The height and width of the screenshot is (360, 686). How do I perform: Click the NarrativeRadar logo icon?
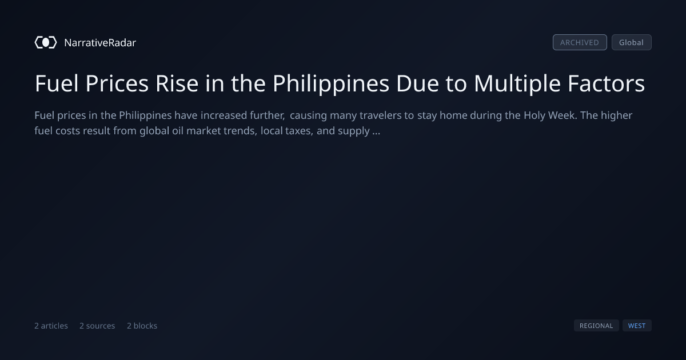pos(46,42)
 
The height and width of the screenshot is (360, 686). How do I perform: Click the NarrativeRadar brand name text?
pos(100,42)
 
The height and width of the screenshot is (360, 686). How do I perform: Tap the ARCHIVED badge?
pos(580,42)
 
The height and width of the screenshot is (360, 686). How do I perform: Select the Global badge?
pos(632,42)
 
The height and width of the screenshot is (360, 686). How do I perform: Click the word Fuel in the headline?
pos(57,83)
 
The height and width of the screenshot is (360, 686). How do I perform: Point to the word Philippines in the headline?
pos(331,84)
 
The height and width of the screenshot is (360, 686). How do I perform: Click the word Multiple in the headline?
pos(517,84)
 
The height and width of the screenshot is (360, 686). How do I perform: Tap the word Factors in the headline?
pos(607,83)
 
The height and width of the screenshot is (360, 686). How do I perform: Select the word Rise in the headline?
pos(177,83)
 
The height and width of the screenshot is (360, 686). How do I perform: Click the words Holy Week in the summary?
pos(551,115)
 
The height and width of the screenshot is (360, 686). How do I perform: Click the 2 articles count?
pos(51,326)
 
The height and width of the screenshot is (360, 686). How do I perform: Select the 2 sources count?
pos(97,326)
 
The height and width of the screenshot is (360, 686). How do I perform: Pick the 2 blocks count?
pos(142,326)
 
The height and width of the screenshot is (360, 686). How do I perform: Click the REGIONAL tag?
pos(596,326)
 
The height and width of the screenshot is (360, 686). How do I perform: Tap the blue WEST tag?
pos(637,326)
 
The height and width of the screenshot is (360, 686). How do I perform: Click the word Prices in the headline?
pos(117,83)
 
